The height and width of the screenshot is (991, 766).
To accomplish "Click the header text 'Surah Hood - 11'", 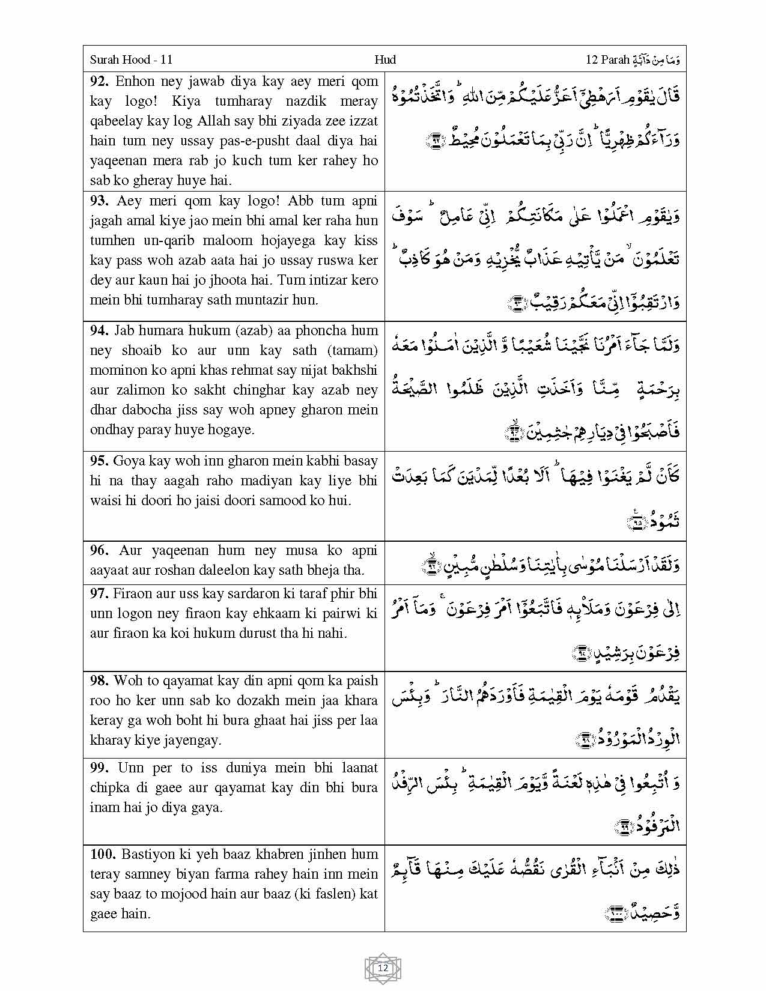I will coord(131,59).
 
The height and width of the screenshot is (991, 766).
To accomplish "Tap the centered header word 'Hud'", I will coord(385,59).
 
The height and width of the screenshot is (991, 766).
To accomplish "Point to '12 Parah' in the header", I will coord(607,59).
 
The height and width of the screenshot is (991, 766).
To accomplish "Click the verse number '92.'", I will coord(100,82).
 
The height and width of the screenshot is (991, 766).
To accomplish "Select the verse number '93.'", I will coord(100,201).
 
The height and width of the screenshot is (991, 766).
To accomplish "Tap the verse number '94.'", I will coord(100,330).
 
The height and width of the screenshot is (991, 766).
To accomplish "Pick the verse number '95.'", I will coord(100,461).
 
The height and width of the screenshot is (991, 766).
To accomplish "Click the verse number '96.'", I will coord(100,550).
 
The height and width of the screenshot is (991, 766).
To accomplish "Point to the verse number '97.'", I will coord(100,593).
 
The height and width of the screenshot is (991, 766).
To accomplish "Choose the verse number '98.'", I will coord(100,680).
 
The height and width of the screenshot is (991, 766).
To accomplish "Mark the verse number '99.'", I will coord(100,768).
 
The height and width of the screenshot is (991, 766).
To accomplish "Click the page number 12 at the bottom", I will coord(383,968).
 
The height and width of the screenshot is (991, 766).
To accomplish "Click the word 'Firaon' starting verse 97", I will coord(131,593).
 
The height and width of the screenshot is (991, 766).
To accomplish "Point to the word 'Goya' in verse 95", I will coord(128,461).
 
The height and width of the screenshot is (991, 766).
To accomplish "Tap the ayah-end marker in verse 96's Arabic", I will coord(432,565).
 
